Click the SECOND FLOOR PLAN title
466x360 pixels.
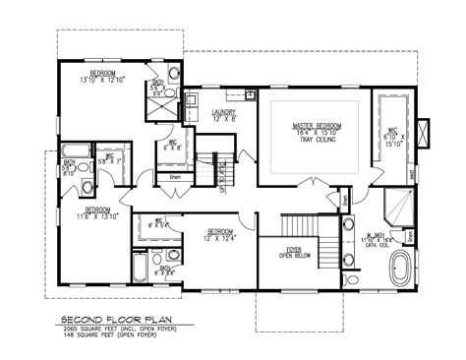tap(115, 320)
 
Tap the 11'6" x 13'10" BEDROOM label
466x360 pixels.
tap(97, 212)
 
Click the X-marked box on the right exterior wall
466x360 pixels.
tap(425, 132)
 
